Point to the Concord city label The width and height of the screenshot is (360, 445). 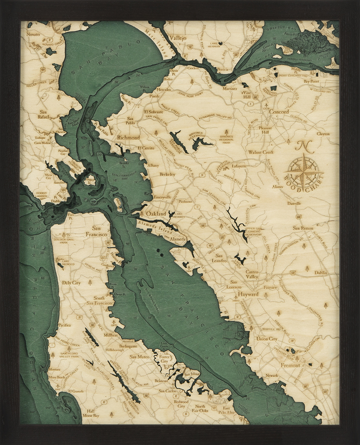click(x=279, y=112)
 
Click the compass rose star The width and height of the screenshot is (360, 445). click(x=304, y=170)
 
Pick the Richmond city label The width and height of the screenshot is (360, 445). click(x=128, y=138)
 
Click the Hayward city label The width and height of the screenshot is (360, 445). click(x=248, y=294)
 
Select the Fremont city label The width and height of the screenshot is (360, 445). click(x=290, y=365)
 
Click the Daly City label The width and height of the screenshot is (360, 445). click(x=71, y=282)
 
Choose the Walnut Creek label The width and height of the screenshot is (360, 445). click(x=260, y=153)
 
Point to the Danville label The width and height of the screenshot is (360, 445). click(x=294, y=203)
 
